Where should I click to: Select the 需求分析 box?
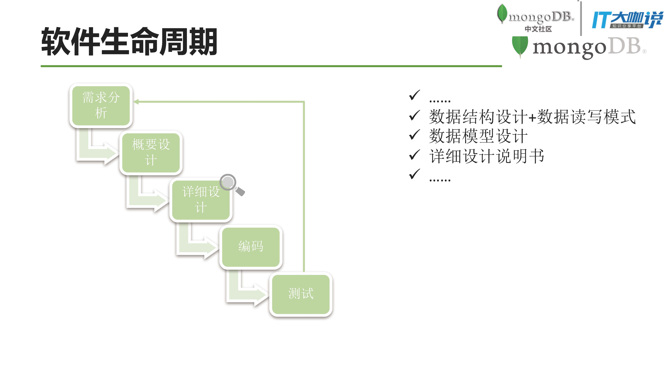[101, 105]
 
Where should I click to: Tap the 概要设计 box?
[151, 153]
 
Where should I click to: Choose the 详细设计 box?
[201, 200]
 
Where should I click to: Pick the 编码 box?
[251, 247]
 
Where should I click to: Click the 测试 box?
[301, 294]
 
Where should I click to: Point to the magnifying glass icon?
[231, 184]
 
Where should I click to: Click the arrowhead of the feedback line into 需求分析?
[136, 102]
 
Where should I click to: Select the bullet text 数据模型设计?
[478, 136]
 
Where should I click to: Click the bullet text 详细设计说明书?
[487, 156]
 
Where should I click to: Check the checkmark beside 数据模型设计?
[414, 135]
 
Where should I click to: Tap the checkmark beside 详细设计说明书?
[414, 155]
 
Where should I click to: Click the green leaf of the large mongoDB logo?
[520, 46]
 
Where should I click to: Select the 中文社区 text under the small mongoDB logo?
[538, 29]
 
